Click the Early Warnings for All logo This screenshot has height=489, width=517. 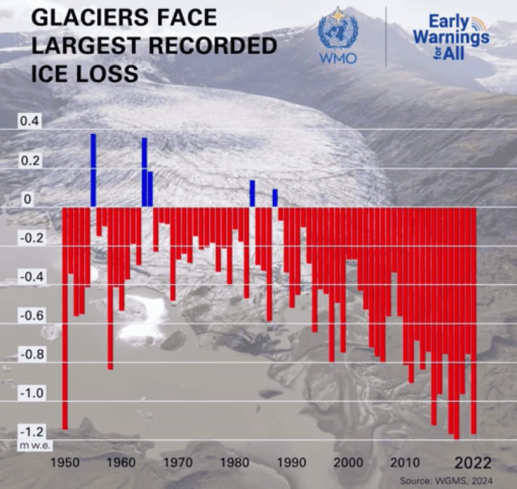[x=450, y=37]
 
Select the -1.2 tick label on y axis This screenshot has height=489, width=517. [x=31, y=431]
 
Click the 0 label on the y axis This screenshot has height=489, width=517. [x=28, y=199]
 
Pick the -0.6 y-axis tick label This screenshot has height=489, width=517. [x=31, y=315]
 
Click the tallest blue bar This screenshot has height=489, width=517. [x=93, y=170]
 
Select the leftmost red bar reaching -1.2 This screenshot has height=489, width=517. [x=65, y=318]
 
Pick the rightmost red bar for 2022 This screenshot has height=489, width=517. [x=474, y=320]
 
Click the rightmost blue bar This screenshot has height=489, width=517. [x=275, y=197]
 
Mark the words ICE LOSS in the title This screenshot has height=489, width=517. [x=84, y=74]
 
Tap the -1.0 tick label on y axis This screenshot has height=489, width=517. [x=31, y=392]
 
